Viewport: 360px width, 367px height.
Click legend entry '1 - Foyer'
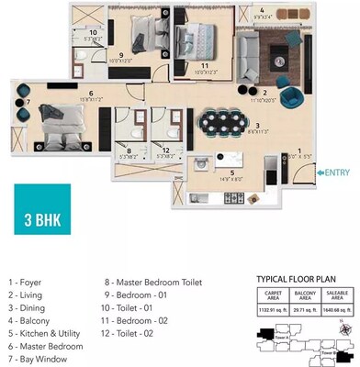coord(27,282)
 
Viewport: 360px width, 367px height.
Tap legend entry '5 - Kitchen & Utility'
coord(45,333)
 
